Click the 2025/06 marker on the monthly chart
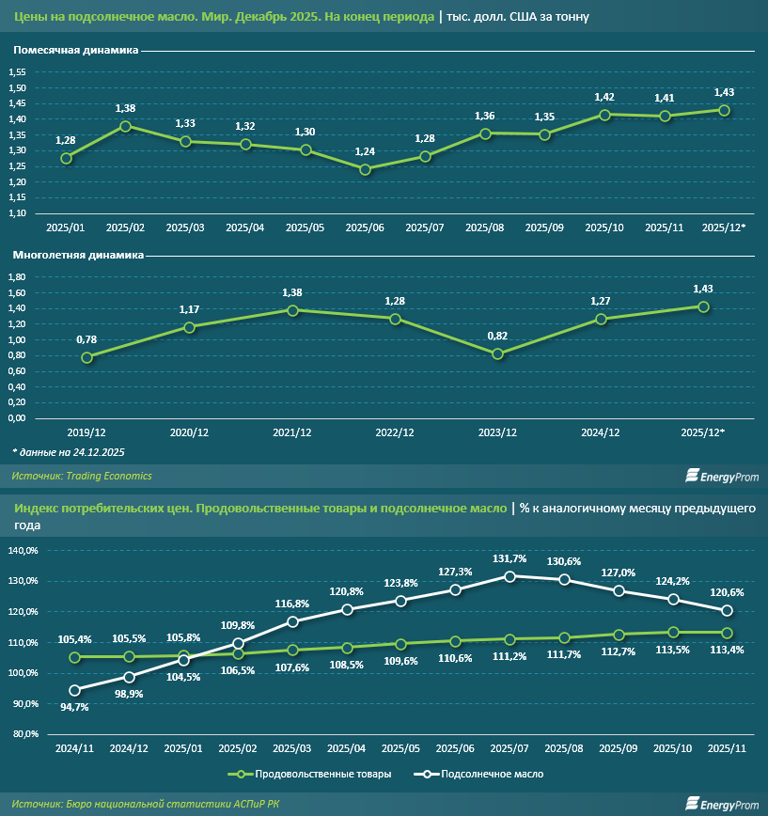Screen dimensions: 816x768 point(366,169)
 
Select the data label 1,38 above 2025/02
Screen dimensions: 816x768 point(125,108)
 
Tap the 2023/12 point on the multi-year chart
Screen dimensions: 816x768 point(498,354)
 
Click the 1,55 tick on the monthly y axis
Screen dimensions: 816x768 point(17,72)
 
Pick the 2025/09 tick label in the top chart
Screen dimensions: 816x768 point(544,228)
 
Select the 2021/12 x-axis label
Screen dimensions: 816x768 point(292,432)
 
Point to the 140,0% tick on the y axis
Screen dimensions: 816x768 point(23,550)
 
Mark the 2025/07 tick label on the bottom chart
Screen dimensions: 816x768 point(509,749)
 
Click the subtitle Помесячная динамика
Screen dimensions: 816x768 point(76,50)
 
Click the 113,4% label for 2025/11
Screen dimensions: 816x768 point(726,649)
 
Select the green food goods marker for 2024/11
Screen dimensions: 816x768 point(74,657)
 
